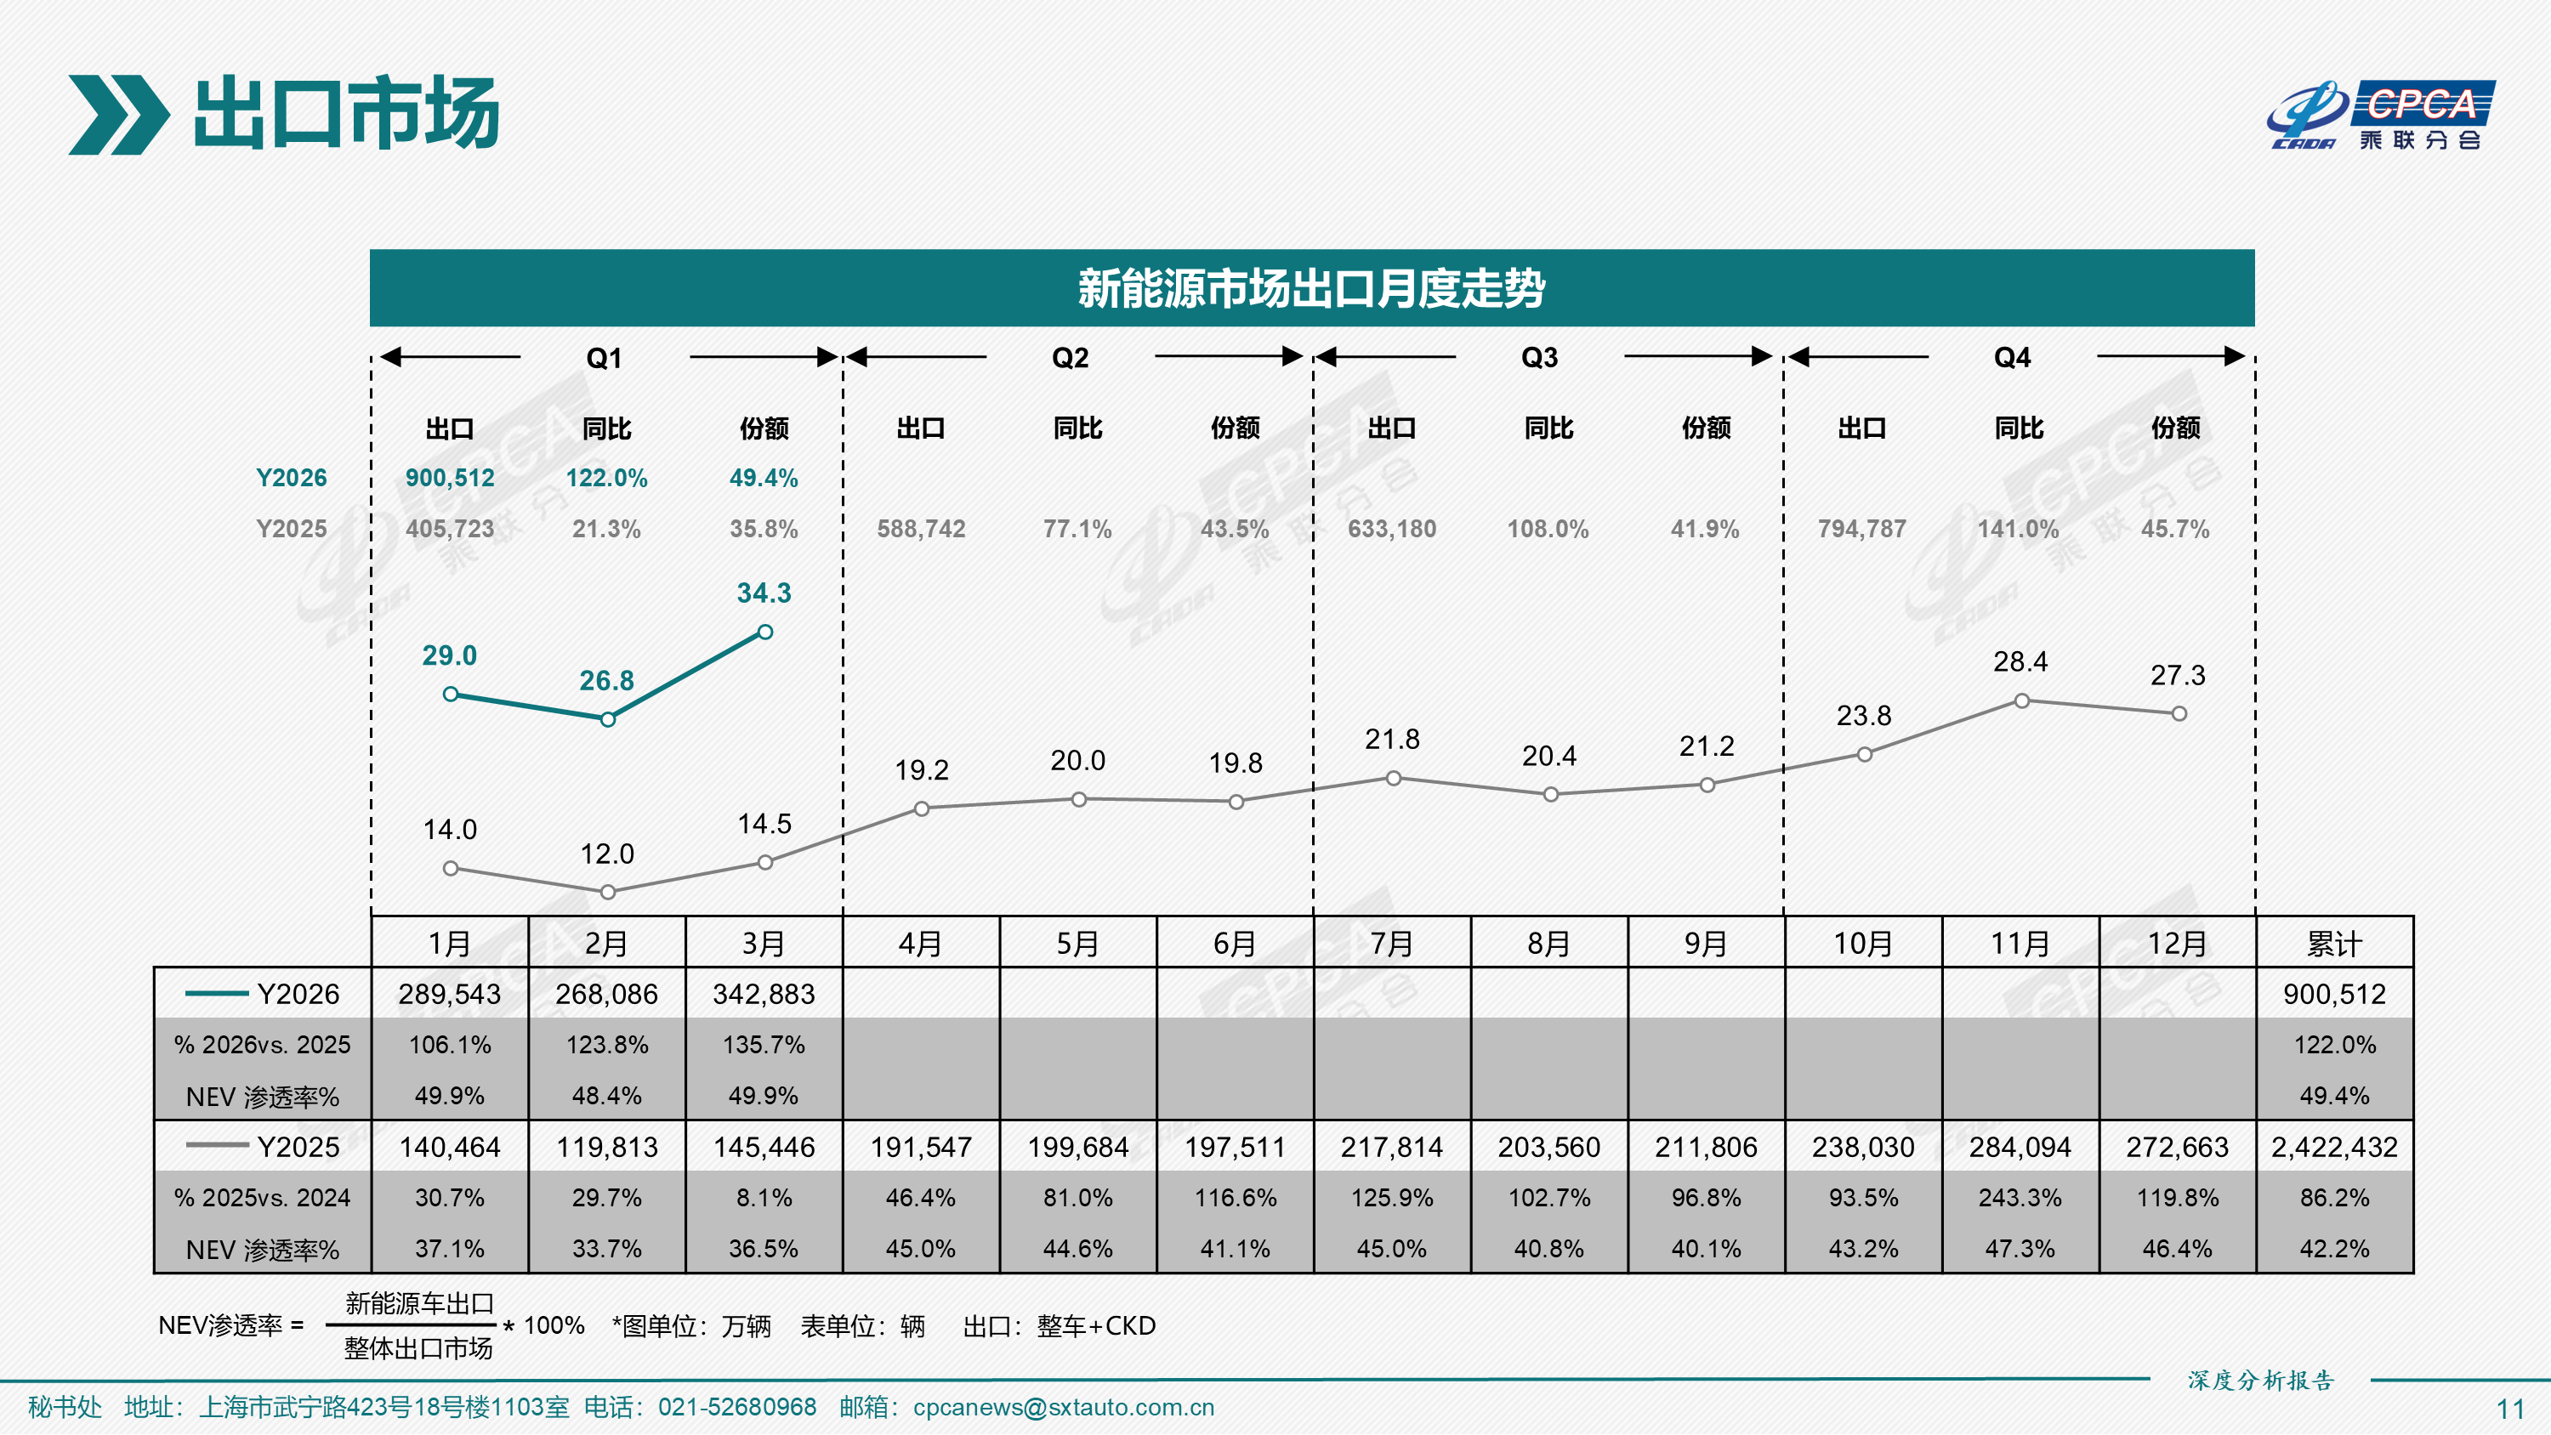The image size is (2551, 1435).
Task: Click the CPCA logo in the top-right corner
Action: click(x=2381, y=115)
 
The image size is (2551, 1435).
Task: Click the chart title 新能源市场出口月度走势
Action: click(x=1311, y=288)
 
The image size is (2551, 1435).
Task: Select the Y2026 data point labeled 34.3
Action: click(x=765, y=632)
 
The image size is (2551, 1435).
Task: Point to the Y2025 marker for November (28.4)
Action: click(x=2021, y=701)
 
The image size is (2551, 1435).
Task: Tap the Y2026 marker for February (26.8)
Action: click(x=608, y=719)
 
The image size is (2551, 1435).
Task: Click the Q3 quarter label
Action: click(x=1539, y=358)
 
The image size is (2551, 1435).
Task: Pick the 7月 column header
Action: click(x=1391, y=943)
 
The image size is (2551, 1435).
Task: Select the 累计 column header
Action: click(x=2334, y=943)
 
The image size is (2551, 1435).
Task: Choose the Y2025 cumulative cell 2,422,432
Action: click(x=2334, y=1147)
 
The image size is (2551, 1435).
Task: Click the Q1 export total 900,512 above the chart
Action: click(x=450, y=479)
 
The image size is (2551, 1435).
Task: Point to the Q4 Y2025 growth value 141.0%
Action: click(x=2018, y=529)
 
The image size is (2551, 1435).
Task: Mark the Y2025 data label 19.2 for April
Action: click(x=921, y=769)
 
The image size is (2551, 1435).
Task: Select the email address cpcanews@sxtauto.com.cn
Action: click(x=1063, y=1407)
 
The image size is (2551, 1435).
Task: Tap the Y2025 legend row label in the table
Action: click(x=264, y=1147)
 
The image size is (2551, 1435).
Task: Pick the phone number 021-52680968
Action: click(x=736, y=1407)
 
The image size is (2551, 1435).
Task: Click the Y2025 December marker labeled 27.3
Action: click(x=2179, y=714)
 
